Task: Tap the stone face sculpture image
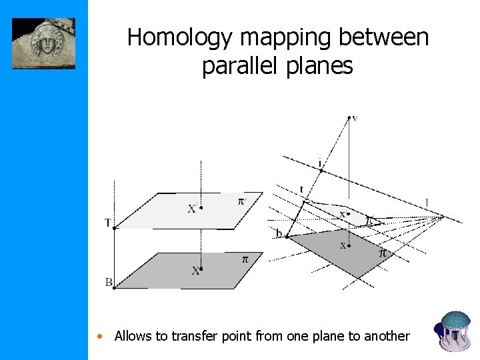43,43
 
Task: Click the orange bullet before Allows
99,336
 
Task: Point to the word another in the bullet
387,336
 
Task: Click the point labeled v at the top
354,119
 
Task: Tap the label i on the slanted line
321,163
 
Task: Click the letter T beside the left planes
107,223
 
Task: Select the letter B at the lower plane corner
108,283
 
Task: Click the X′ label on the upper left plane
192,209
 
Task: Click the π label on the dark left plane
244,259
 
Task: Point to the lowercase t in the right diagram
301,189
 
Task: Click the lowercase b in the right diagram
279,233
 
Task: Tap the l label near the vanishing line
427,202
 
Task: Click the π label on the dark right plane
383,253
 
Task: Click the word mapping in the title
280,38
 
